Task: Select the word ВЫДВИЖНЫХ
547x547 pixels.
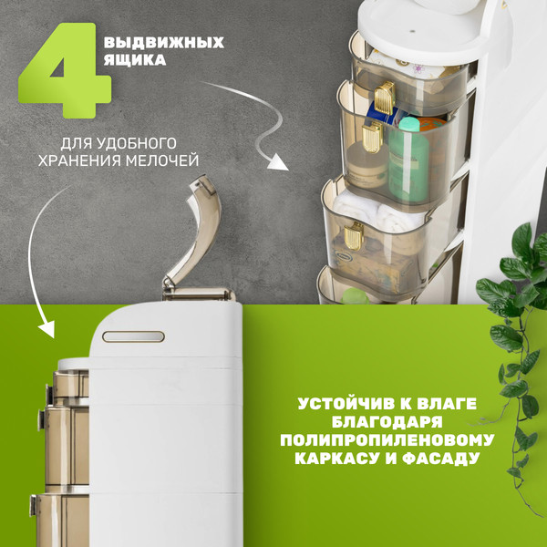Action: tap(164, 43)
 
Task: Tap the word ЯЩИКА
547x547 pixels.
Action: tap(135, 61)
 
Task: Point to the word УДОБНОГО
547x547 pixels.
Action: tap(148, 143)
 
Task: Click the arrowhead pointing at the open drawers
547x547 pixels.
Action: tap(277, 162)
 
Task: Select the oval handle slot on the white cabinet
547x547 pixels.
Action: tap(133, 336)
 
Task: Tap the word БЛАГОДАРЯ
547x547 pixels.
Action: tap(387, 422)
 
